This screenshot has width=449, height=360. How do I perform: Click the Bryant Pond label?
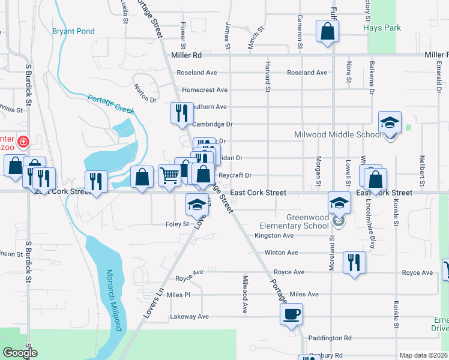(74, 31)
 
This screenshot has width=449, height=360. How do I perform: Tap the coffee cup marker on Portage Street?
(292, 314)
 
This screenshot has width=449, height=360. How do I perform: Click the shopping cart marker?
(170, 176)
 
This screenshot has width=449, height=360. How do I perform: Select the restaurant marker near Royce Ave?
(354, 262)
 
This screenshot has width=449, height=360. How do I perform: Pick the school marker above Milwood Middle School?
(390, 122)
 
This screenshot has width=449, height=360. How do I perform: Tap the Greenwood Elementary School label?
(290, 221)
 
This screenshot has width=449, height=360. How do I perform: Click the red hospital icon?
(23, 142)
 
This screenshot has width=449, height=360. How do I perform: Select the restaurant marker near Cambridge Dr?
(181, 112)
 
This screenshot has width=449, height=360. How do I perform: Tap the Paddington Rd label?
(330, 338)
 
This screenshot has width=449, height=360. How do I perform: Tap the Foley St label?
(177, 225)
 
